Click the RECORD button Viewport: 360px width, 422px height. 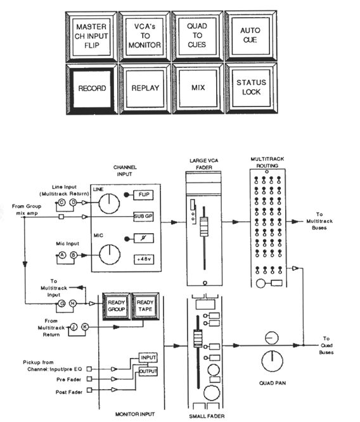[x=92, y=89]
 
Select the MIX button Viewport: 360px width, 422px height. [x=198, y=88]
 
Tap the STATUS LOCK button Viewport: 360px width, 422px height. [x=251, y=87]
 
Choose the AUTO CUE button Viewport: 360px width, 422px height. [x=250, y=35]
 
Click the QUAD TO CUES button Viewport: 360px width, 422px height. [x=197, y=35]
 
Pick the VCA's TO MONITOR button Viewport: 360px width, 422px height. [x=145, y=36]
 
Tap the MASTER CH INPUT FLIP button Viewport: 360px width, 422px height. [x=91, y=37]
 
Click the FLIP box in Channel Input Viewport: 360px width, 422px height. [x=143, y=195]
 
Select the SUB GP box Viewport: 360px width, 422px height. [x=143, y=216]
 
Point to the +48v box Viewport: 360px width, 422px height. [x=144, y=259]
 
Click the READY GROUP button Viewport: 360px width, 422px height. [x=117, y=306]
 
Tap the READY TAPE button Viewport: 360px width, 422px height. [x=145, y=306]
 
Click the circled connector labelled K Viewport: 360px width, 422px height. [x=85, y=327]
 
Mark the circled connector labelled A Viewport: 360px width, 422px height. [x=62, y=255]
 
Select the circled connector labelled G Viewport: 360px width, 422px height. [x=61, y=304]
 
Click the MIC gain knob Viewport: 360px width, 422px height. [x=110, y=255]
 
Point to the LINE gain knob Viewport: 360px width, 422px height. [x=109, y=203]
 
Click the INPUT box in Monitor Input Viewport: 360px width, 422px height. [x=148, y=357]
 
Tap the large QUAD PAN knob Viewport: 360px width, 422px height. [x=273, y=361]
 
